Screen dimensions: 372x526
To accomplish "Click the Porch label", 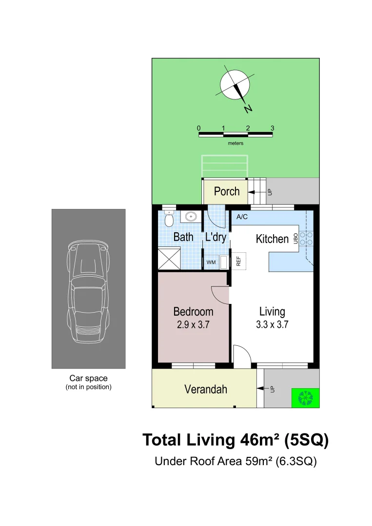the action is click(x=227, y=191).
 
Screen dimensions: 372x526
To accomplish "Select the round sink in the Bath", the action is click(x=191, y=217).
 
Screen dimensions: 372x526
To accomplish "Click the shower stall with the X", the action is click(x=169, y=258).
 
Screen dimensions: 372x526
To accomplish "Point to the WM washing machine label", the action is click(x=211, y=262).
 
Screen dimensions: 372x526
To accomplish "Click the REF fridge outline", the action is click(x=239, y=261).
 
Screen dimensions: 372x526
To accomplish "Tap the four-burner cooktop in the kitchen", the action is click(x=306, y=239).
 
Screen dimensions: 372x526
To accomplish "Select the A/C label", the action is click(x=242, y=217).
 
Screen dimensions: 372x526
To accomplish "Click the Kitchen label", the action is click(x=272, y=239).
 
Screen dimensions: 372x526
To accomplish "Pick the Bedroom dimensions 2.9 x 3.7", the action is click(x=193, y=325).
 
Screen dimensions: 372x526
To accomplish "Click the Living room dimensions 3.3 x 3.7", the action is click(x=272, y=324).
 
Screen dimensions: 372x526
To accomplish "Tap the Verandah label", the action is click(x=205, y=390).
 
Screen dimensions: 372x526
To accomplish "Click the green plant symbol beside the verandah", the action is click(x=306, y=398).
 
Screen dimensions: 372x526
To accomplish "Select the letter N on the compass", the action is click(x=248, y=109).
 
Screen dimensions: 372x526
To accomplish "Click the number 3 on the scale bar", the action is click(x=272, y=128).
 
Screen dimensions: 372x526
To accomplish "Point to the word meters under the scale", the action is click(x=235, y=143).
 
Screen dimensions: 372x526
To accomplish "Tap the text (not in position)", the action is click(x=88, y=387).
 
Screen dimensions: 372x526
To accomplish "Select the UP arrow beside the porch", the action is click(x=256, y=192).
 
